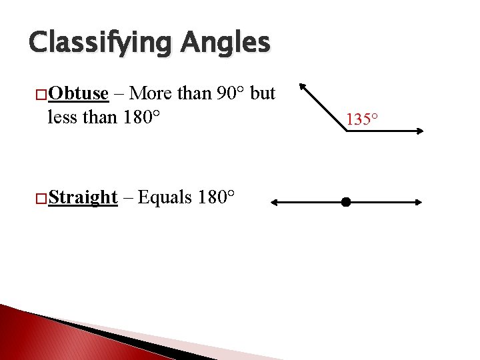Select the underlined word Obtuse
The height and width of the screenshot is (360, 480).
point(78,93)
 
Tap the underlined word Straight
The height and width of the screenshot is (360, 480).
point(83,197)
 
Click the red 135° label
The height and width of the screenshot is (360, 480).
point(362,120)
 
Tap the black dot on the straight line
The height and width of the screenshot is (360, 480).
point(345,201)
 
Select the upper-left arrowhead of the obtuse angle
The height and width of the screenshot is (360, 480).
point(302,86)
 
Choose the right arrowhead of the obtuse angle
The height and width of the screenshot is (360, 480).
point(419,131)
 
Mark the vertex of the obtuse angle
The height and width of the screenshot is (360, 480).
point(347,131)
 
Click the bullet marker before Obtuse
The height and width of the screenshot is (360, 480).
point(42,94)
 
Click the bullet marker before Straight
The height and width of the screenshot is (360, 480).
point(42,198)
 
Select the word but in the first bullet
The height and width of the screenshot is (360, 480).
point(263,93)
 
